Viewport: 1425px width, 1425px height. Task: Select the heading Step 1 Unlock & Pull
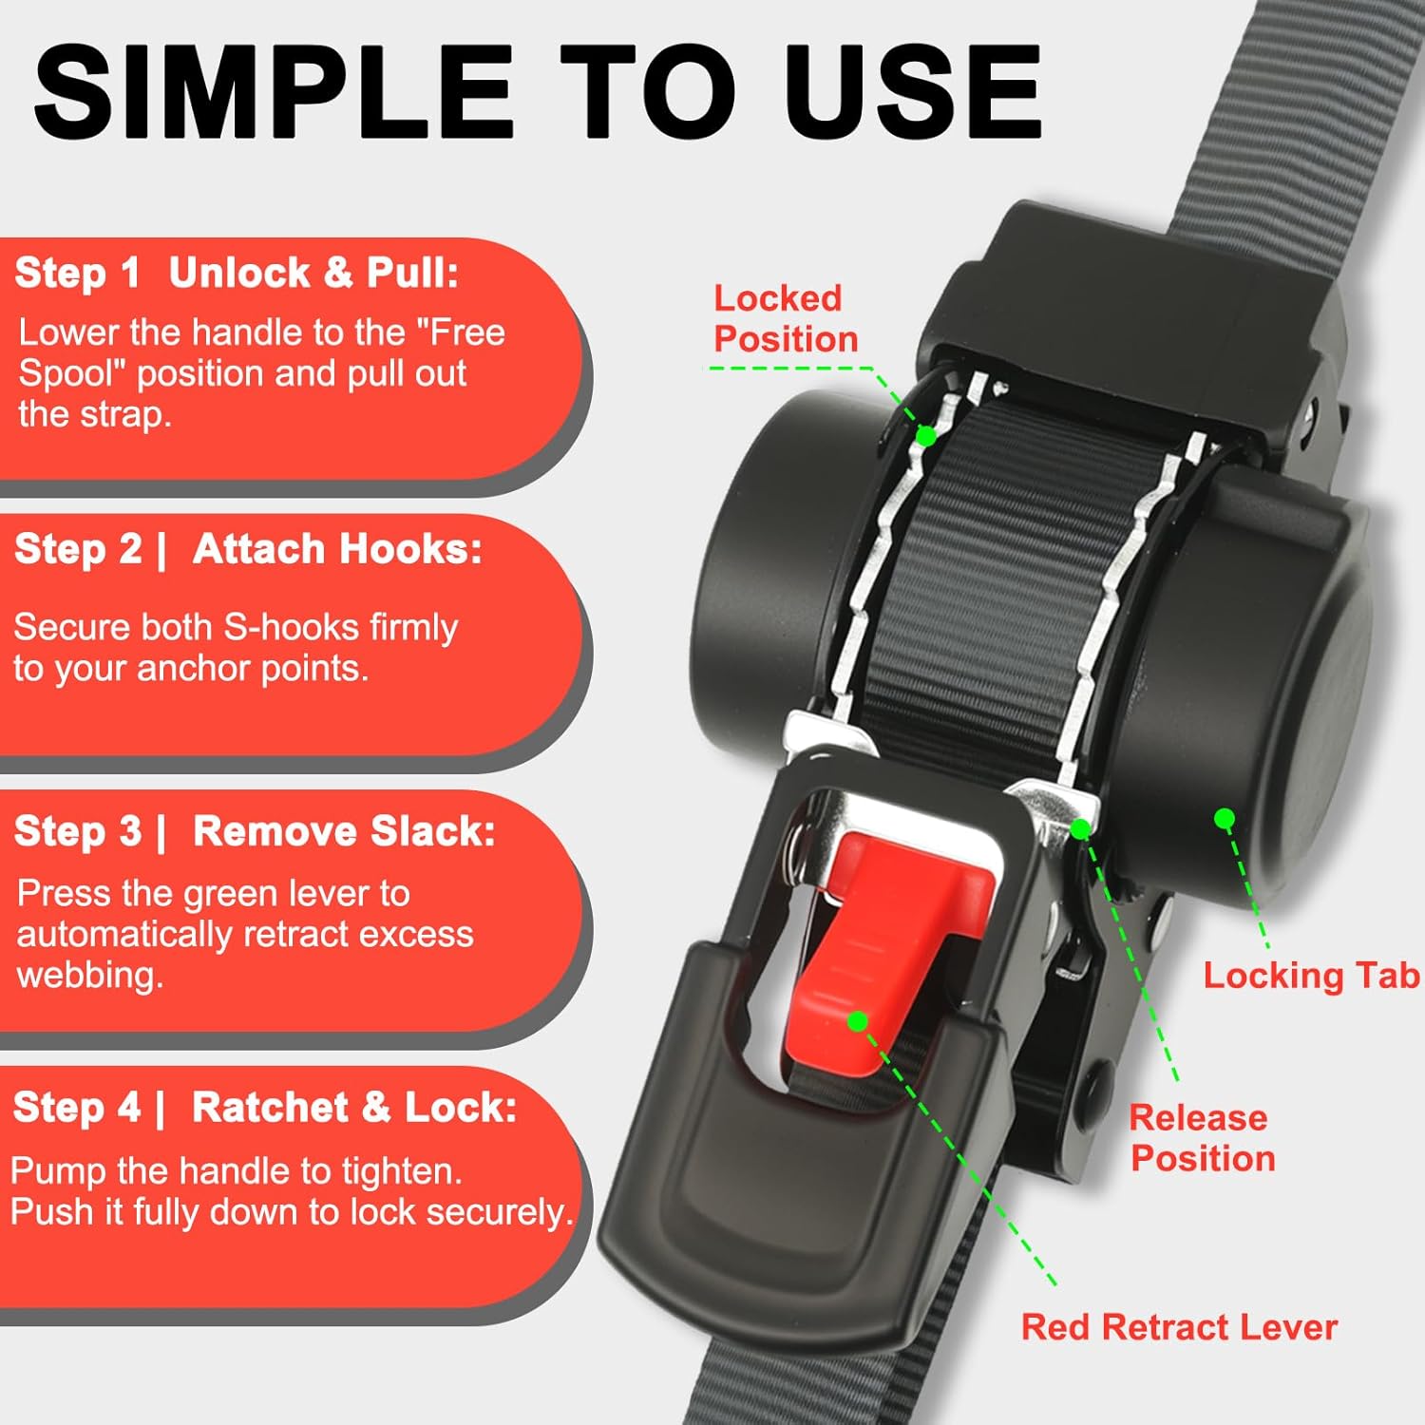237,274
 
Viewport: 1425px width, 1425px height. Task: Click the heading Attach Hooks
337,549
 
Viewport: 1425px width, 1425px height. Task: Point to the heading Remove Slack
344,831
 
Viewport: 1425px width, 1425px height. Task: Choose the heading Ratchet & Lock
354,1108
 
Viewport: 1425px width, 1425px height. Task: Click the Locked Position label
785,319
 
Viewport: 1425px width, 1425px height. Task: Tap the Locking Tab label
1311,976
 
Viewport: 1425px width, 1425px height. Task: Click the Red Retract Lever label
1179,1327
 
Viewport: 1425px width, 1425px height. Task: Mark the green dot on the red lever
858,1021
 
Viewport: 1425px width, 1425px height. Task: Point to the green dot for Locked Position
926,436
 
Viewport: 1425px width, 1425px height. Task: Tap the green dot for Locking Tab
1225,818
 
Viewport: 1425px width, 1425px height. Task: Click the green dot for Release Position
1080,829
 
